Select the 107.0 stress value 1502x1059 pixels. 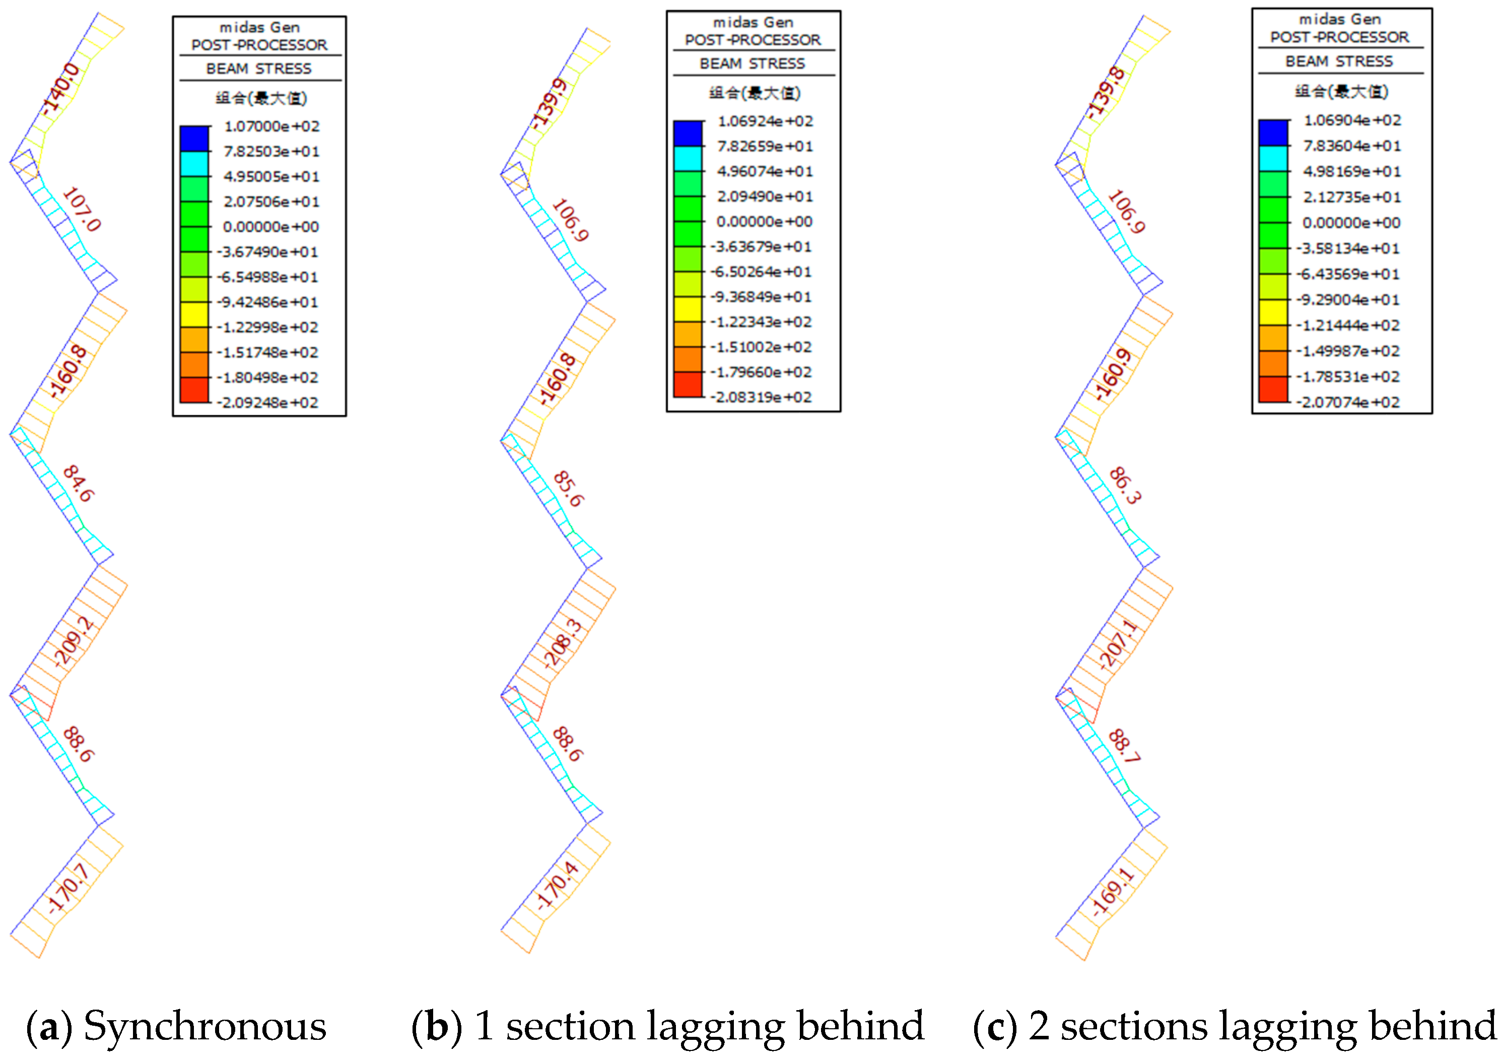(x=82, y=210)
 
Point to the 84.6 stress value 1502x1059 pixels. (x=79, y=484)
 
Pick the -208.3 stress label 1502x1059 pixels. (x=563, y=643)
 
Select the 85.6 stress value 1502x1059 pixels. (x=568, y=489)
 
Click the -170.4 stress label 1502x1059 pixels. (x=558, y=886)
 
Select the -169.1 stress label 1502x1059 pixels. (x=1112, y=891)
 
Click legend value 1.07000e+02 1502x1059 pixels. (x=271, y=126)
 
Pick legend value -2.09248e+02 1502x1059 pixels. (x=268, y=403)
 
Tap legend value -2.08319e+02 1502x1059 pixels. (x=762, y=398)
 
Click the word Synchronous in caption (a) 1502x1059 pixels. (x=205, y=1026)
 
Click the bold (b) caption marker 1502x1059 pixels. (x=437, y=1026)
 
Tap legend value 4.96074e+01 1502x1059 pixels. (x=765, y=171)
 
